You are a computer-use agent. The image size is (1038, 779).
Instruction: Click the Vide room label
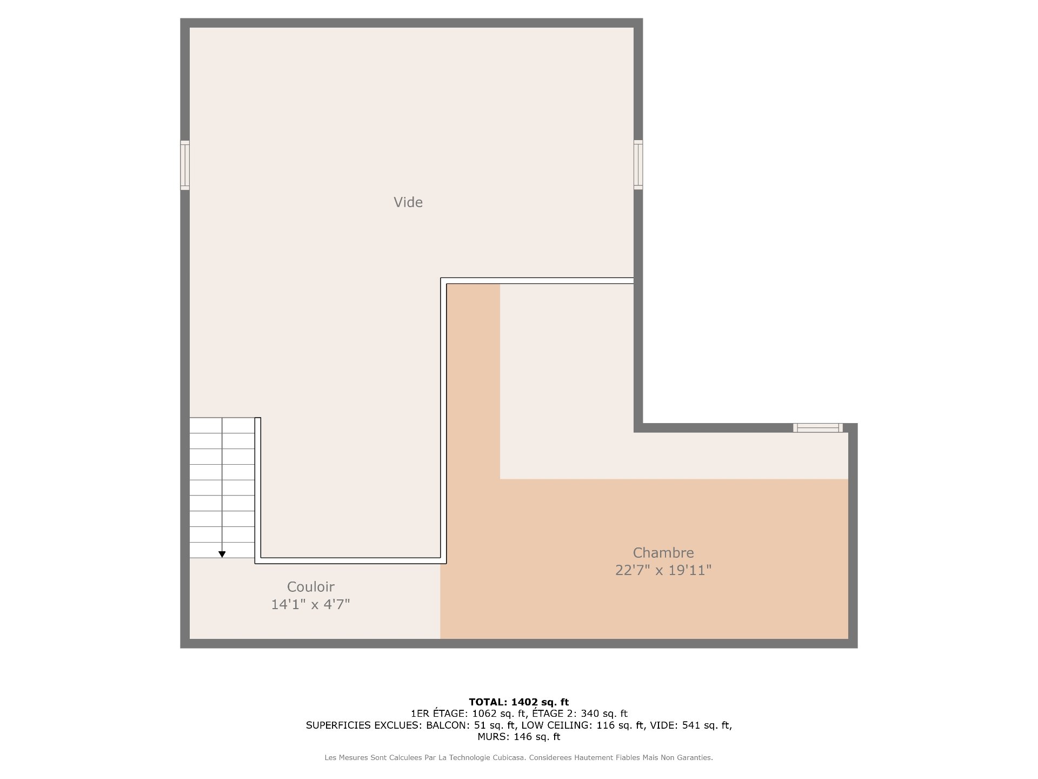(x=408, y=202)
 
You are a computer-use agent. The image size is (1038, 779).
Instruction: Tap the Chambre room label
(x=663, y=553)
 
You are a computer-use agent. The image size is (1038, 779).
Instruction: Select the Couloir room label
(x=311, y=587)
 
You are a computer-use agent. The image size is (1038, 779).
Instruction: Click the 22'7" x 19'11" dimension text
(x=663, y=570)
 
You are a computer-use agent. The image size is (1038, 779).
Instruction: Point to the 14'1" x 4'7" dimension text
(x=311, y=604)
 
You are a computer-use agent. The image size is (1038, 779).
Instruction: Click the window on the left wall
(x=185, y=165)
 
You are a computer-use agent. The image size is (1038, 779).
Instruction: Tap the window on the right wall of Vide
(x=638, y=165)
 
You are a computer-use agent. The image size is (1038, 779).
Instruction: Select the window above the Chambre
(x=818, y=428)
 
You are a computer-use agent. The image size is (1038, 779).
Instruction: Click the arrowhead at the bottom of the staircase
(x=222, y=554)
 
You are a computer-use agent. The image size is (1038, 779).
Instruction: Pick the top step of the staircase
(x=222, y=425)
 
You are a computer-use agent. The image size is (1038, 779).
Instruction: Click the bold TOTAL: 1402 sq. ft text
(x=519, y=702)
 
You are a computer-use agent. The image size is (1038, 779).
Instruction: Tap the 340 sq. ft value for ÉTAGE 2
(x=604, y=714)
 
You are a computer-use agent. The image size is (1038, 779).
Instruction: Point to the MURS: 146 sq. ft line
(x=519, y=737)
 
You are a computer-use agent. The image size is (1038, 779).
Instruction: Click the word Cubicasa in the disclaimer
(x=509, y=758)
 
